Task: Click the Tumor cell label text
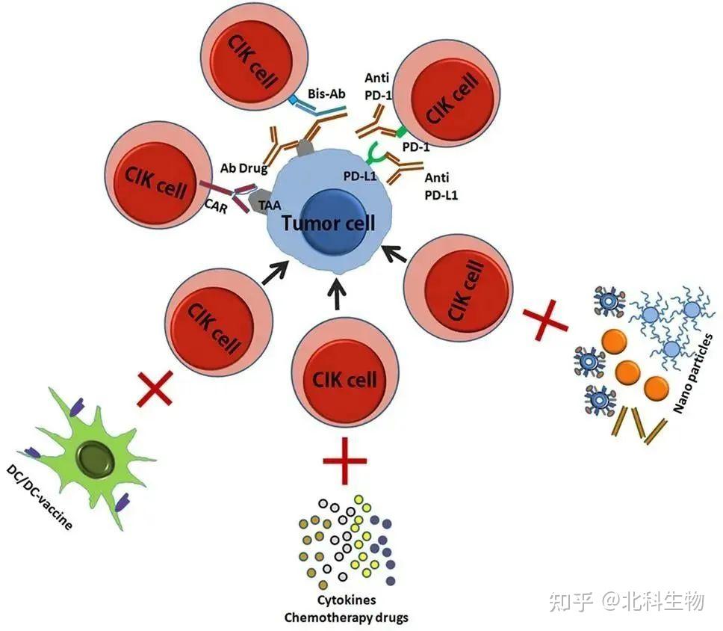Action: pyautogui.click(x=328, y=222)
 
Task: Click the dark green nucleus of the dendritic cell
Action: pyautogui.click(x=96, y=457)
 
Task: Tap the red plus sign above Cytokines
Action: pyautogui.click(x=345, y=461)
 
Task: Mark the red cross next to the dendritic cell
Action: pyautogui.click(x=158, y=389)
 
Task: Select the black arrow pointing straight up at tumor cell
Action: pyautogui.click(x=337, y=293)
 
